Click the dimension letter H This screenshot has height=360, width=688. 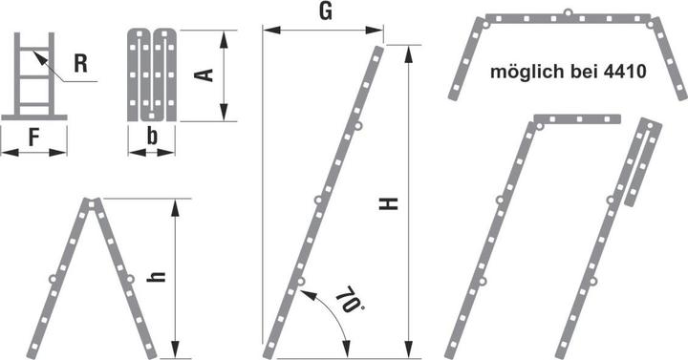(388, 203)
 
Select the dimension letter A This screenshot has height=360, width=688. (203, 74)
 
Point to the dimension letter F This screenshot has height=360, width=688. (34, 137)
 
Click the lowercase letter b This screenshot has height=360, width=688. (153, 137)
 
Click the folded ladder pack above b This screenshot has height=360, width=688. (153, 74)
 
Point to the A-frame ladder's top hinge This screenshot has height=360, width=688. (93, 202)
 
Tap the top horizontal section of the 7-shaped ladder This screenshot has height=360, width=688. (577, 119)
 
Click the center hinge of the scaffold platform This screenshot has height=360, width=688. (568, 14)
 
